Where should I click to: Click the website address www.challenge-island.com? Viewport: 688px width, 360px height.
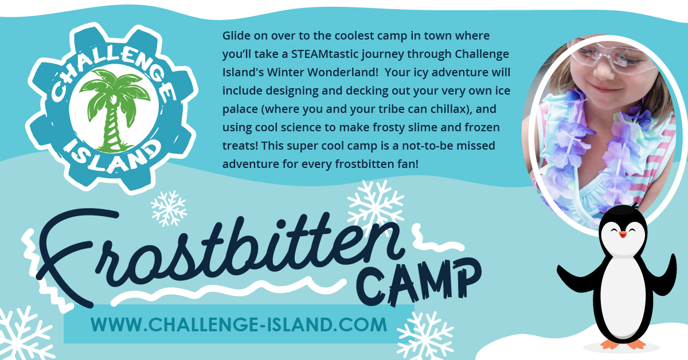pos(239,324)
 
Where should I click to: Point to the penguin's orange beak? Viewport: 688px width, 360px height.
pos(623,234)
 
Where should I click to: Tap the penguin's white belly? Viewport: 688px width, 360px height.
pos(624,295)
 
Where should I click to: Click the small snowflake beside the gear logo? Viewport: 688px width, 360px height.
pos(169,208)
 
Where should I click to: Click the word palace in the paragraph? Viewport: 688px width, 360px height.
pos(240,109)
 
